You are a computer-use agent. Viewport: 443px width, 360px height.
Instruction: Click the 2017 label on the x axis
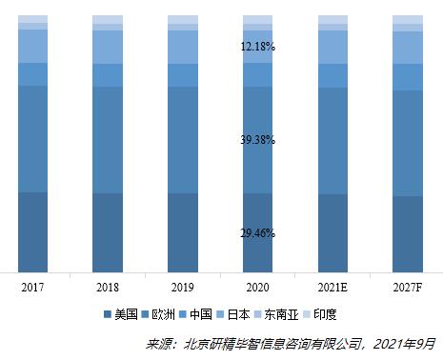pos(32,286)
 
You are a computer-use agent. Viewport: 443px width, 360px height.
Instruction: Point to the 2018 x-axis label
pos(108,286)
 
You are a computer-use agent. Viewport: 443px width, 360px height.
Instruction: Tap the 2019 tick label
pos(182,286)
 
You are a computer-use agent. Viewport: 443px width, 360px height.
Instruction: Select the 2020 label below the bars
pos(257,286)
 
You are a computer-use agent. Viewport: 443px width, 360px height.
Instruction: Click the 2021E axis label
pos(332,286)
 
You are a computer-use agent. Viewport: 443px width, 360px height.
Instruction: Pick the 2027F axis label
pos(408,286)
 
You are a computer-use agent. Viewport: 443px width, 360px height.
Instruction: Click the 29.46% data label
pos(257,231)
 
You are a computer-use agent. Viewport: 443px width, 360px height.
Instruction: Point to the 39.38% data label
pos(257,140)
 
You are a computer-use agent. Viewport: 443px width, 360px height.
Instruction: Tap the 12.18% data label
pos(257,47)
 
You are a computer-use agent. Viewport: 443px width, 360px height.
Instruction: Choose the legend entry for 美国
pos(121,314)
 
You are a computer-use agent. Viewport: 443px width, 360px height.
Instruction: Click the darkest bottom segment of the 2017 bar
pos(32,231)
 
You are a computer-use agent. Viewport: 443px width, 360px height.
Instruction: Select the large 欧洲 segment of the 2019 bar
pos(182,140)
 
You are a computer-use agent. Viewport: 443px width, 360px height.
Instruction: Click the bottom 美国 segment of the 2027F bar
pos(408,233)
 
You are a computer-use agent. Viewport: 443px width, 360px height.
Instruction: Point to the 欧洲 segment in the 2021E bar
pos(332,141)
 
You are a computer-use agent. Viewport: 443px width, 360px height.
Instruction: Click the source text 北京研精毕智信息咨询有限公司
pos(275,343)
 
